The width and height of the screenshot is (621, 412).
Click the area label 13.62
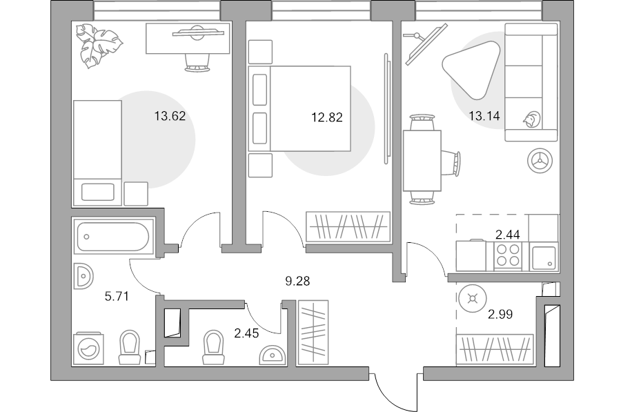tap(170, 116)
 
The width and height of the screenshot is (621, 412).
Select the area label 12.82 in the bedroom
tap(327, 117)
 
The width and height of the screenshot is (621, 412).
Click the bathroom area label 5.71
tap(117, 297)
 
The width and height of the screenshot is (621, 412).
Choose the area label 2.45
tap(247, 334)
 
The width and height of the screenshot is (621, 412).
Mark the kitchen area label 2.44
tap(507, 235)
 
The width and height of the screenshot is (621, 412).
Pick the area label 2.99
tap(500, 315)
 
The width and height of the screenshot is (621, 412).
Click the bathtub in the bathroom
tap(113, 237)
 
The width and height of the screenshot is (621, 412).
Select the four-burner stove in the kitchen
tap(509, 256)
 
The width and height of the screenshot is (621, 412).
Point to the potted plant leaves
tap(97, 45)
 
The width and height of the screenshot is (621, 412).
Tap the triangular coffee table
tap(471, 66)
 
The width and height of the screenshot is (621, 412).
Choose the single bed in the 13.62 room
tap(97, 152)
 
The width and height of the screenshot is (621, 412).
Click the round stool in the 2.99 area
tap(473, 298)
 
